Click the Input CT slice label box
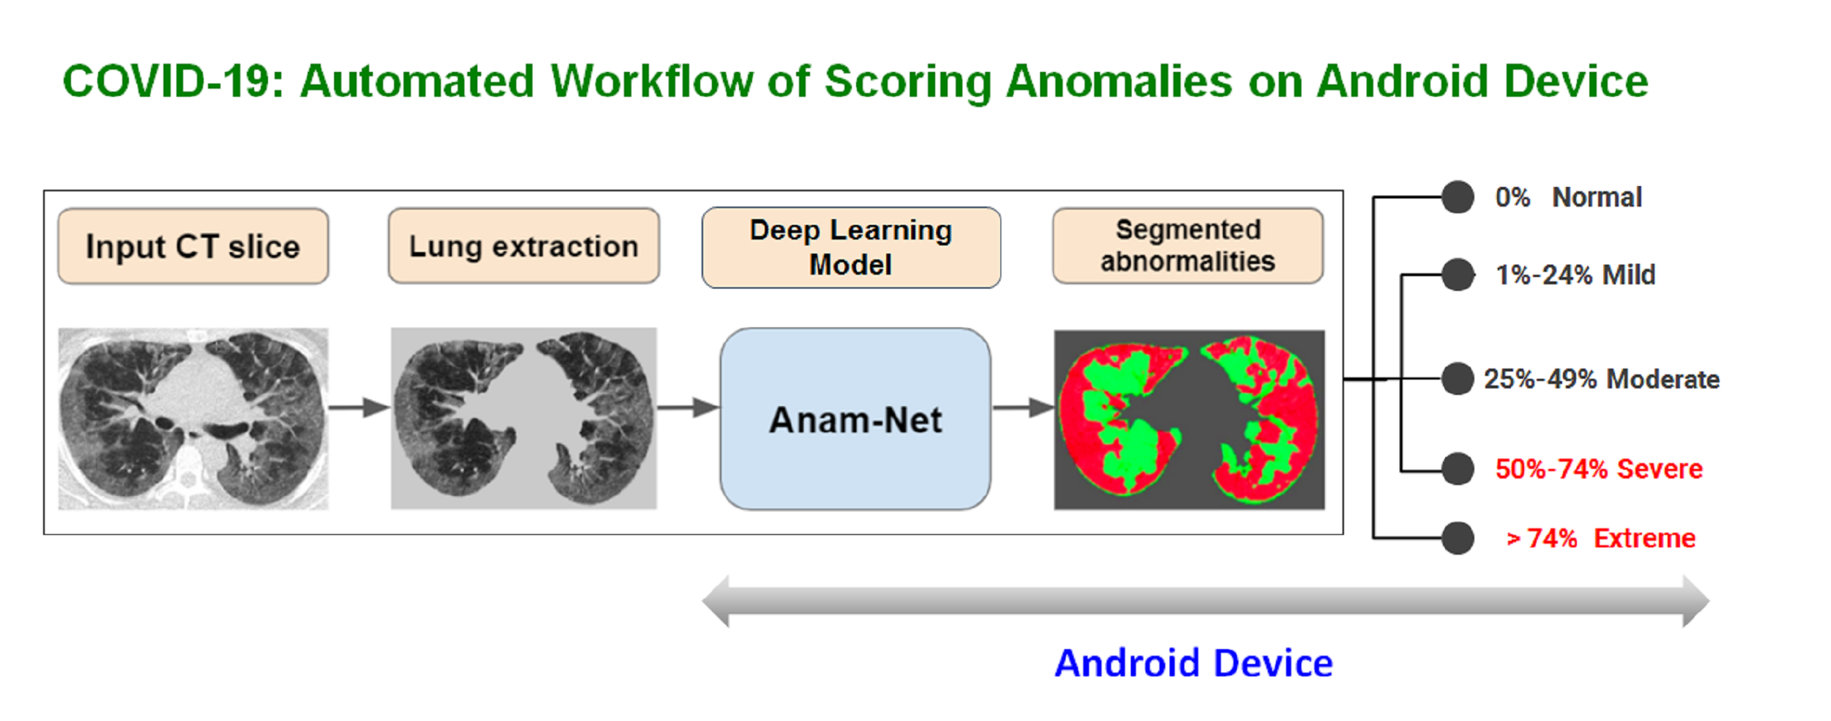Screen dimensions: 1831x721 coord(193,246)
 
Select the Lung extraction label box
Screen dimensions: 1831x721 coord(524,246)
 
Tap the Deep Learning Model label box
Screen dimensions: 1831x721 coord(851,248)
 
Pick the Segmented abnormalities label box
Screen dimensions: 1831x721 coord(1188,245)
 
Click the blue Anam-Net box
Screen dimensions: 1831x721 coord(855,419)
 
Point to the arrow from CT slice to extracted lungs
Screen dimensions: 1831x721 coord(359,407)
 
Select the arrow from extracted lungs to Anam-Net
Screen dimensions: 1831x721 coord(688,407)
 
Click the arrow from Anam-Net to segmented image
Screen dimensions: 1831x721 coord(1023,407)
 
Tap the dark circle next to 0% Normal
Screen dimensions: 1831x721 coord(1457,197)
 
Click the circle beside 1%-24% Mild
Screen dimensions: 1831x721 coord(1457,275)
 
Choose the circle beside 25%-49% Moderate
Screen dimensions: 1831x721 coord(1457,379)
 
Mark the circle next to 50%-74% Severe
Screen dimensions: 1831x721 coord(1457,469)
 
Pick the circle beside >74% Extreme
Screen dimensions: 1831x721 coord(1457,539)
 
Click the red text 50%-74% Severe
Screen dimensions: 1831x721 coord(1599,469)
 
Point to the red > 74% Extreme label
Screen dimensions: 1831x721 coord(1600,539)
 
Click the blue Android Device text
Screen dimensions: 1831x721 coord(1194,663)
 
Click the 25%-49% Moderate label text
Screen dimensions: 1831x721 coord(1602,379)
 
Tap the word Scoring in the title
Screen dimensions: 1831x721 coord(908,82)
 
